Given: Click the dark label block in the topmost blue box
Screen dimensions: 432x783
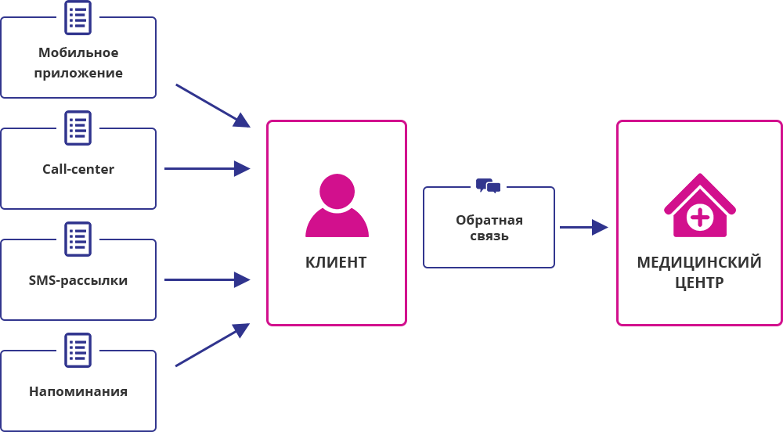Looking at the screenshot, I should pyautogui.click(x=78, y=63).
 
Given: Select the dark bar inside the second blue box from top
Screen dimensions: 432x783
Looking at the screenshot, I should pyautogui.click(x=78, y=168).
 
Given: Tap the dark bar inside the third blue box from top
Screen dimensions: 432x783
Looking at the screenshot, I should pyautogui.click(x=78, y=282).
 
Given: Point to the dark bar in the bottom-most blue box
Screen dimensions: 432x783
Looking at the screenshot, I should pyautogui.click(x=78, y=391).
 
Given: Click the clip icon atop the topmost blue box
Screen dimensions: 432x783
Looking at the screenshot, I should pyautogui.click(x=78, y=15).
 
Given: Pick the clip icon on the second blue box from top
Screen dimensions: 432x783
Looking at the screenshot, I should pyautogui.click(x=78, y=125).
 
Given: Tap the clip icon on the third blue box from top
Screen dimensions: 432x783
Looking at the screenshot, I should pyautogui.click(x=78, y=236).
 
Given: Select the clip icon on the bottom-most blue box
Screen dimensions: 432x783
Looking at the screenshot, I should pyautogui.click(x=78, y=347).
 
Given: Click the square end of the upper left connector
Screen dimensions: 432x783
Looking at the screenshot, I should pyautogui.click(x=242, y=168).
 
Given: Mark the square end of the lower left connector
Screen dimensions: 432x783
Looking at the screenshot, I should pyautogui.click(x=242, y=279).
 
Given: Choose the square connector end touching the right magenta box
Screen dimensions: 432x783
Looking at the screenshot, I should pyautogui.click(x=601, y=227).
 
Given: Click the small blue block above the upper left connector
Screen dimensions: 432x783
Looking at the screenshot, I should pyautogui.click(x=212, y=105).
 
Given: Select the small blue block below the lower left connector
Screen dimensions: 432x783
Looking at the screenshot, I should pyautogui.click(x=212, y=345).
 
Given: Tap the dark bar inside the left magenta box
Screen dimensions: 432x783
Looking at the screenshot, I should pyautogui.click(x=337, y=262).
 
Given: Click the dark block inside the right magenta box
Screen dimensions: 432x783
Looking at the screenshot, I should pyautogui.click(x=699, y=272).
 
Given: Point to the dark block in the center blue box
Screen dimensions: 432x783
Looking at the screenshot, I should pyautogui.click(x=489, y=227).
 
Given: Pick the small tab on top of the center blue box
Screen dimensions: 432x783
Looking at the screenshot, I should pyautogui.click(x=485, y=182).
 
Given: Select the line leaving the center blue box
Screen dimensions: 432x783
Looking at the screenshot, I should pyautogui.click(x=575, y=227).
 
